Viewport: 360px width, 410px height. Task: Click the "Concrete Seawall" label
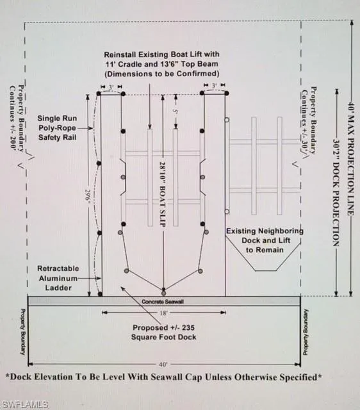click(162, 302)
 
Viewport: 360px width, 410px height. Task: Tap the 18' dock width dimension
click(163, 313)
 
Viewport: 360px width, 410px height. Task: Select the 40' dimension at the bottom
click(163, 364)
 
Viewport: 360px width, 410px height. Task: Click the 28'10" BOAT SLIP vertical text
click(163, 194)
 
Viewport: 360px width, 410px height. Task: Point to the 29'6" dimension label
click(87, 195)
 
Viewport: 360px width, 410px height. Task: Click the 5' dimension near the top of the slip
click(176, 111)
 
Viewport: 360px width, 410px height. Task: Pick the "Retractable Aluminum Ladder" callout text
click(58, 278)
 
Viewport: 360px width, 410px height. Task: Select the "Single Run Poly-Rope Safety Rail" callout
click(57, 128)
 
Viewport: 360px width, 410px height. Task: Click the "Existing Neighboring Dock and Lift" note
click(265, 240)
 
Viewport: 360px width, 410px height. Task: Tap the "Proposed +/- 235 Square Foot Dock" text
click(163, 332)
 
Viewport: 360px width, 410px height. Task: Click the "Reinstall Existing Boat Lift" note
click(161, 64)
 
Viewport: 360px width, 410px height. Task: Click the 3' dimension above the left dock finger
click(111, 87)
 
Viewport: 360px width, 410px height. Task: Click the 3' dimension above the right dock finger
click(215, 85)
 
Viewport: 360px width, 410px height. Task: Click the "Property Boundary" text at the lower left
click(23, 332)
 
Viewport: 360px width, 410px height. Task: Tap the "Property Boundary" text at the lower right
click(306, 332)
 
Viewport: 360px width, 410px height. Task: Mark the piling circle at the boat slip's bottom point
click(163, 293)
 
